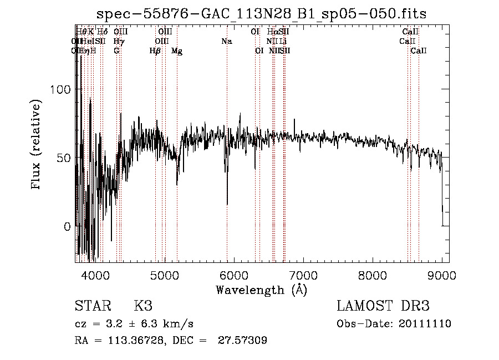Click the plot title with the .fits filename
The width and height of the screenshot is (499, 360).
click(x=262, y=14)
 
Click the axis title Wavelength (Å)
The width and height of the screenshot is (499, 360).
click(x=261, y=290)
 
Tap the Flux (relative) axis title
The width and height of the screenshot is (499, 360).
click(x=37, y=145)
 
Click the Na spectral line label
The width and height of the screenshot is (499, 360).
click(x=226, y=41)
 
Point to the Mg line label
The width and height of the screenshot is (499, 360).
click(x=177, y=51)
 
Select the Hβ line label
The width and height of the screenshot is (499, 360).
click(x=155, y=51)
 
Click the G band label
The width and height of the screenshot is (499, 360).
click(x=116, y=51)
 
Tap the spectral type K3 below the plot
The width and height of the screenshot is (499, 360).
click(x=143, y=306)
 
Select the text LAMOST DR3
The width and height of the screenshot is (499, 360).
click(x=383, y=306)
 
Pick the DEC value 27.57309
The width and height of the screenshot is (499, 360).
click(x=242, y=341)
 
